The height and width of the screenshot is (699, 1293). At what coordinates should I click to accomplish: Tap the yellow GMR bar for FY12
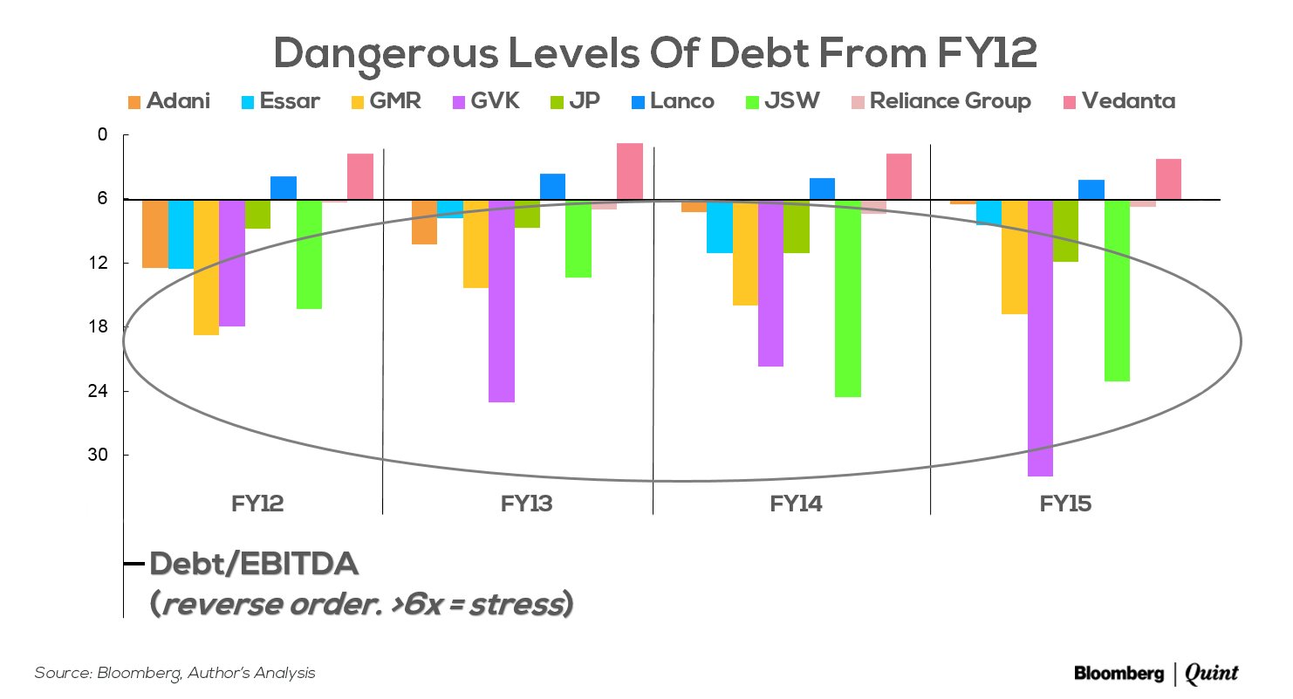206,267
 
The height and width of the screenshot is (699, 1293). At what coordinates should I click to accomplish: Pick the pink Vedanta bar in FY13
629,171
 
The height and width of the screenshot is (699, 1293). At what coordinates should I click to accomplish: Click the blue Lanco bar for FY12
284,188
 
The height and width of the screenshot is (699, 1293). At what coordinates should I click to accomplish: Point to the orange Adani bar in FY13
425,222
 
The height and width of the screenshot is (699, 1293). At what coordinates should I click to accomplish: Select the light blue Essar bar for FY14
720,227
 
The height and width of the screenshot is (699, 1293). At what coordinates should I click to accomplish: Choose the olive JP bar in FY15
1066,230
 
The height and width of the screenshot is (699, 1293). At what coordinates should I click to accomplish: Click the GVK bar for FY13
502,301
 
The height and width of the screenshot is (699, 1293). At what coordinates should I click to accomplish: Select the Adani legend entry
168,101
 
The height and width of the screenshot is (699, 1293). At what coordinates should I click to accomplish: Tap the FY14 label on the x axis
795,504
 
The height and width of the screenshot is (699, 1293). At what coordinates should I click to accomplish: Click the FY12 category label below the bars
257,504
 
